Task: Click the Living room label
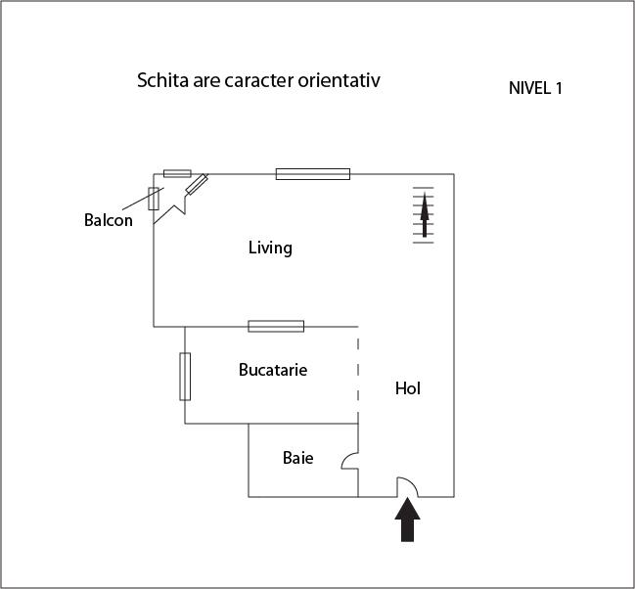(270, 248)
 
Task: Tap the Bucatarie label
(273, 370)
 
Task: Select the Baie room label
(298, 458)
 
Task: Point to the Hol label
(408, 388)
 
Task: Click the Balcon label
(109, 220)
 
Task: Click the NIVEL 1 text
(535, 88)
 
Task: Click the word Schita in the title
(162, 80)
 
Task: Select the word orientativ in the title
(340, 80)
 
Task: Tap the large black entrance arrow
(407, 520)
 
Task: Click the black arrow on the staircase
(425, 214)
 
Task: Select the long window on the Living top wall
(313, 174)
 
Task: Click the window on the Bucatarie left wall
(185, 377)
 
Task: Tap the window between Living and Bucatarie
(276, 326)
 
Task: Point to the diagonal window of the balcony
(197, 184)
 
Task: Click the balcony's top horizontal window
(177, 174)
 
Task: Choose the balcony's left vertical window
(154, 199)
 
